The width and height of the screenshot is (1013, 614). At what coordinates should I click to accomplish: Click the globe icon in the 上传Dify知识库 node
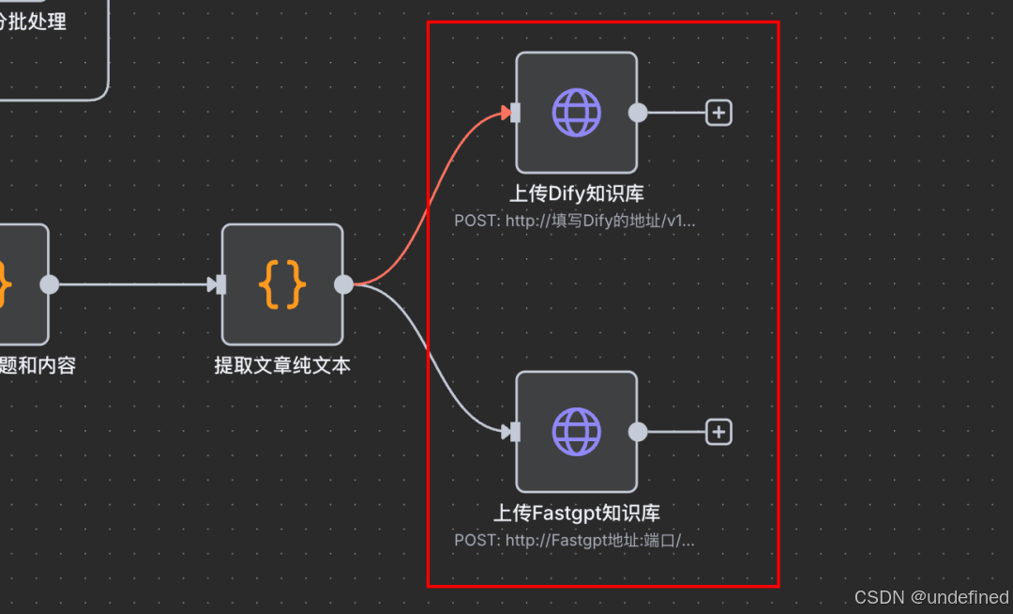[x=576, y=113]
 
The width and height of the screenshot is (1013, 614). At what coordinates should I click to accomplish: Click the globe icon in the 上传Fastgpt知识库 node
[x=576, y=432]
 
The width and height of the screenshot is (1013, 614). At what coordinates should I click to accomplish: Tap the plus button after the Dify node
[x=718, y=113]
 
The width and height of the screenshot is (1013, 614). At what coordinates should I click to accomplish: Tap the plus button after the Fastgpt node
[x=718, y=432]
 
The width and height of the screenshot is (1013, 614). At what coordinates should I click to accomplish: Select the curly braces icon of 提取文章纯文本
[x=282, y=284]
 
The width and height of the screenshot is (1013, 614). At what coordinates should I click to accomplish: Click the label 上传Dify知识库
[x=576, y=194]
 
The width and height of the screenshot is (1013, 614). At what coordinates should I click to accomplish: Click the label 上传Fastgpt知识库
[x=576, y=514]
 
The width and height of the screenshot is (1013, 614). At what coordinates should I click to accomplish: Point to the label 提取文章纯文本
[x=282, y=365]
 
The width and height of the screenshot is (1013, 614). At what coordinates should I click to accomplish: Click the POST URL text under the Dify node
[x=575, y=222]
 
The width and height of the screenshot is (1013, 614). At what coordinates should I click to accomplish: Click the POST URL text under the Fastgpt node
[x=575, y=541]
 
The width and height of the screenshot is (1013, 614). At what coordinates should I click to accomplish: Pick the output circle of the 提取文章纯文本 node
[x=344, y=284]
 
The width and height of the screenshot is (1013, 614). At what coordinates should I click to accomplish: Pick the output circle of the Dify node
[x=638, y=113]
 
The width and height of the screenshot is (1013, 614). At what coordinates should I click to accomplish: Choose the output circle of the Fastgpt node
[x=638, y=432]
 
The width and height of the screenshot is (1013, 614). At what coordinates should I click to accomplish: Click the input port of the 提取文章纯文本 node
[x=221, y=284]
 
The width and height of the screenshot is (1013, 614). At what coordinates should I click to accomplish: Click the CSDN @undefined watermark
[x=930, y=597]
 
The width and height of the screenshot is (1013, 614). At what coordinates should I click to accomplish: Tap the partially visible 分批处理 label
[x=36, y=22]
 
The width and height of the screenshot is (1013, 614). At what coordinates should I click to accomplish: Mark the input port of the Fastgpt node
[x=515, y=432]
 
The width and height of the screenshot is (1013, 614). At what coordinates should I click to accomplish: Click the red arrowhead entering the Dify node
[x=506, y=114]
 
